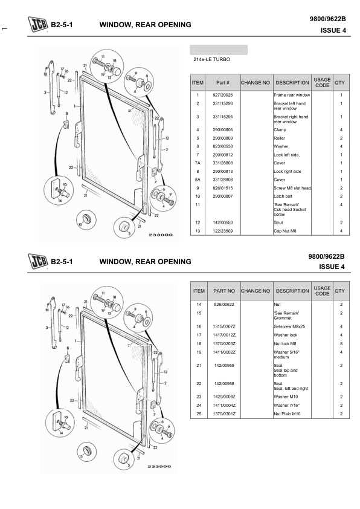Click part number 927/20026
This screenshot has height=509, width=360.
[x=222, y=95]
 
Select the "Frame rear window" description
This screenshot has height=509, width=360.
[x=292, y=95]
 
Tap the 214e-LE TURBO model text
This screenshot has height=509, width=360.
[x=212, y=59]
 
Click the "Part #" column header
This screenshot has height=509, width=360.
[x=223, y=82]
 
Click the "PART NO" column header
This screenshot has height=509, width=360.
[x=223, y=291]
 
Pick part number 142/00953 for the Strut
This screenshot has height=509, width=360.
[x=222, y=222]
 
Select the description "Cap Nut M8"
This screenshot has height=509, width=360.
[x=285, y=231]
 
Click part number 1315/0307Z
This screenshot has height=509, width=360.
[x=223, y=326]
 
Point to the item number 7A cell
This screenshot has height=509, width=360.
[x=198, y=163]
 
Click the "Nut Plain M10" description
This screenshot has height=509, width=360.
[x=287, y=414]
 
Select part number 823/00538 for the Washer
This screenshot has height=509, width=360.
[x=222, y=146]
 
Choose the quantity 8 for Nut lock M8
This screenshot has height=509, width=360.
[x=341, y=344]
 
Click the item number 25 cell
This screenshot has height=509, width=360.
[x=199, y=414]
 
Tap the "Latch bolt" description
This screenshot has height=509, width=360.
[x=283, y=196]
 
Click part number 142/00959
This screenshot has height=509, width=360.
[x=223, y=366]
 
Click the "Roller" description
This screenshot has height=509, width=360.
[x=279, y=138]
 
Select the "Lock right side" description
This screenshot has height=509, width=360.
[x=288, y=172]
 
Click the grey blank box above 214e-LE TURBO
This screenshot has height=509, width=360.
[x=219, y=50]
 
